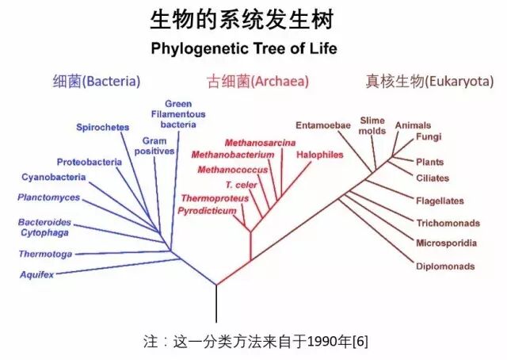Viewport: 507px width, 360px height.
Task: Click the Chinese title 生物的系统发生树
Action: (x=244, y=19)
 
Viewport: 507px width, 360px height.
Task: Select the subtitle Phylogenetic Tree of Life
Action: (x=244, y=48)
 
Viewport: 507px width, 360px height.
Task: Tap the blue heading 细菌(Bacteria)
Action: (x=97, y=81)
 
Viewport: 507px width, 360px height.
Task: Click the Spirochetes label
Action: (x=102, y=127)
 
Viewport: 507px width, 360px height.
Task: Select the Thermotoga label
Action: (x=46, y=254)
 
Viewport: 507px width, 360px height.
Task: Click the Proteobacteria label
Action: (x=89, y=162)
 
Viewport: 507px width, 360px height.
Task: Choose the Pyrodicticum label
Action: (x=208, y=211)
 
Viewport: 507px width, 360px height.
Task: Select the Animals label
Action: (x=413, y=125)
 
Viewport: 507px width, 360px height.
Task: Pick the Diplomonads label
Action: (x=445, y=266)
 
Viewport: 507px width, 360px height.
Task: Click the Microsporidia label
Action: (x=446, y=242)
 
